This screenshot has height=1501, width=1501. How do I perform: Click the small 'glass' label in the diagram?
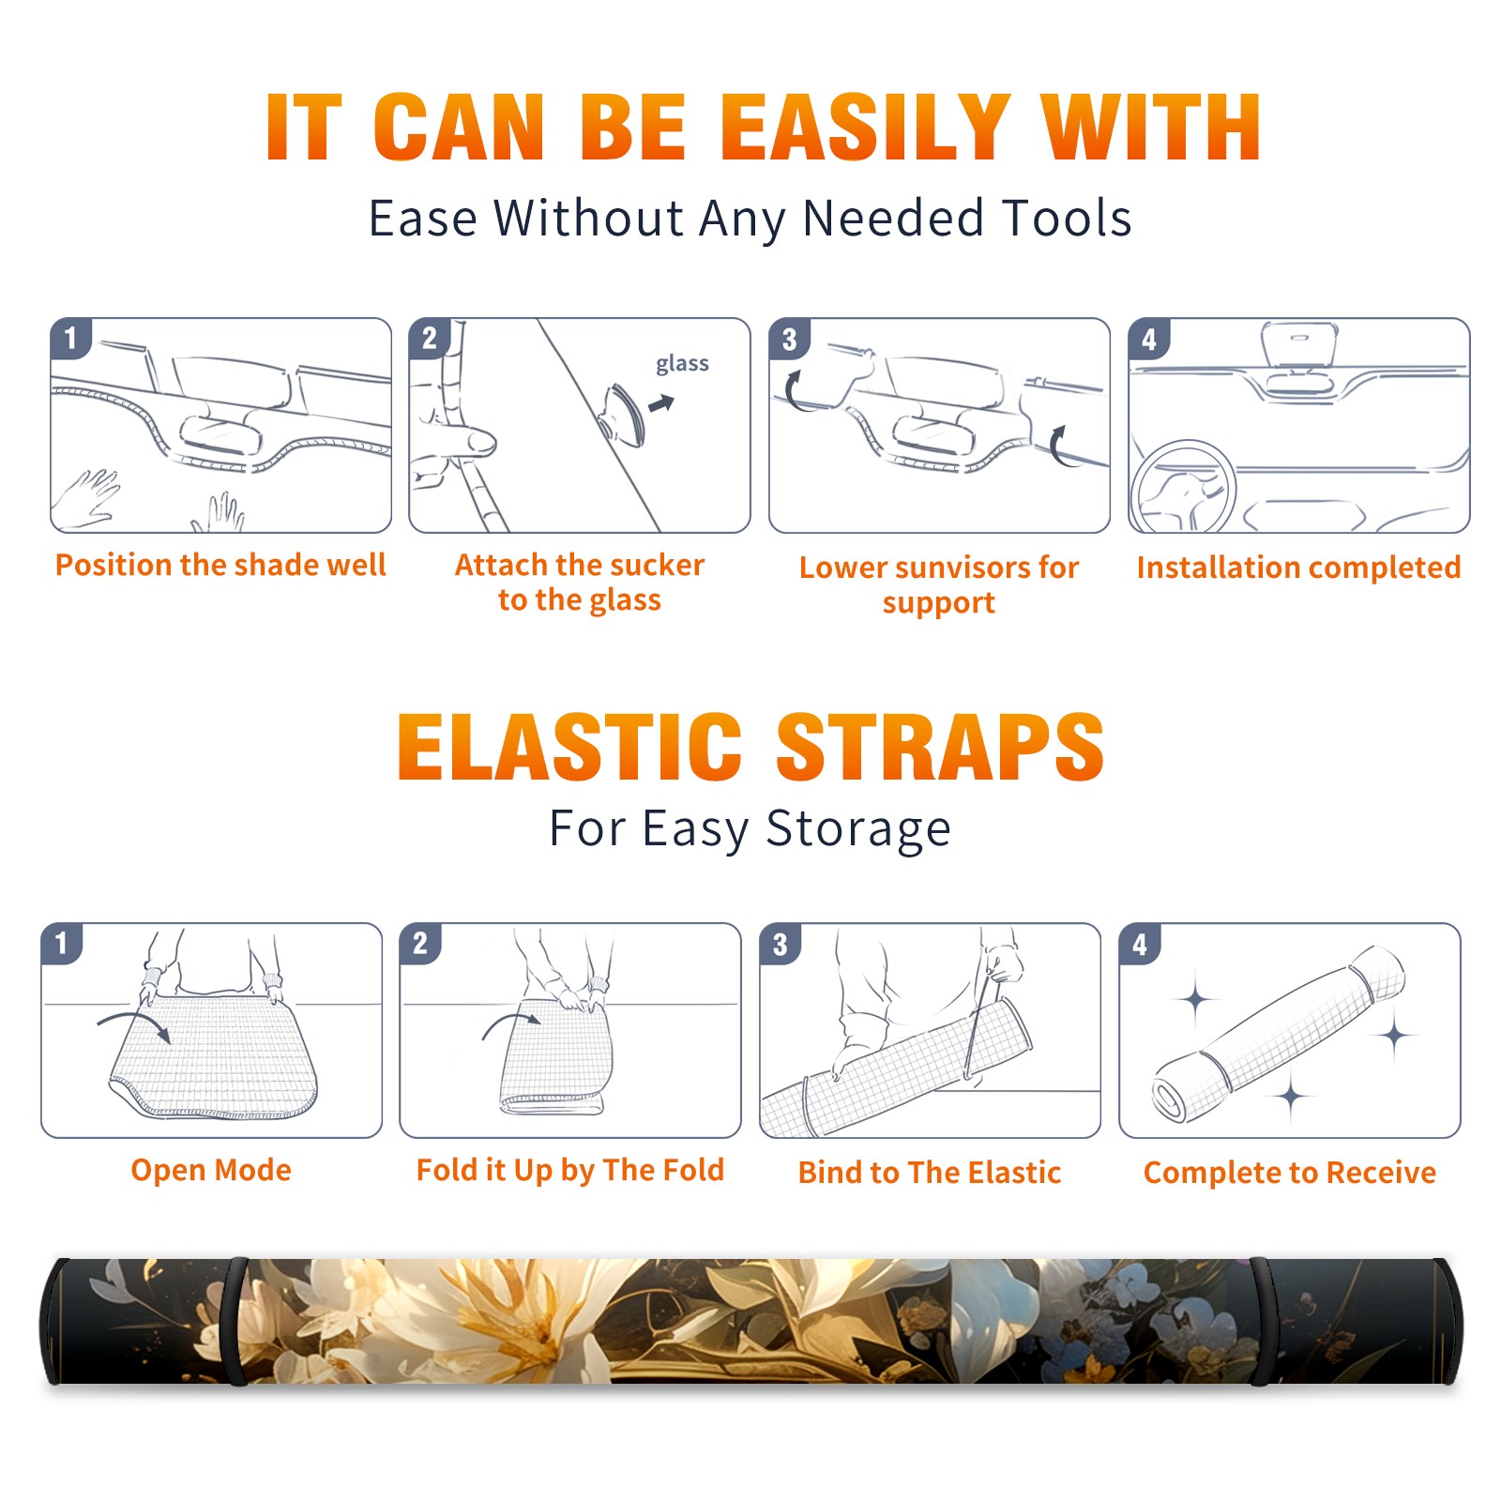[682, 363]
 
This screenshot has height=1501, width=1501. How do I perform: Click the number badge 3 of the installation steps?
[789, 339]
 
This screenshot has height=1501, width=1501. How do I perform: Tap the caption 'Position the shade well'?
[220, 565]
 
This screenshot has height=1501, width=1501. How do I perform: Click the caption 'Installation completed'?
[1298, 567]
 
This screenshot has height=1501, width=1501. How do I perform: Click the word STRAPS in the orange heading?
[940, 747]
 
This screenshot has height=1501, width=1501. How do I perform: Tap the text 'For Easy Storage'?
[750, 828]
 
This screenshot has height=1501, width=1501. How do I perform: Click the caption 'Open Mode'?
[211, 1170]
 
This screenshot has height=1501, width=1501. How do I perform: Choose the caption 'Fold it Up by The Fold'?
[570, 1170]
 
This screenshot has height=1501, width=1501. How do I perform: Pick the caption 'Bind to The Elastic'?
[930, 1172]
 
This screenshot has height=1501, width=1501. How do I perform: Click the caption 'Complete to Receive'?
[1290, 1173]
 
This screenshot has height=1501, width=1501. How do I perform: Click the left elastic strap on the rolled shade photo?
[236, 1321]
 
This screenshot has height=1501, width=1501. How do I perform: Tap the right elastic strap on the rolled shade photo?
[1262, 1321]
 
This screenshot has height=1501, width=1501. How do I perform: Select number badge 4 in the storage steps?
[1139, 944]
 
